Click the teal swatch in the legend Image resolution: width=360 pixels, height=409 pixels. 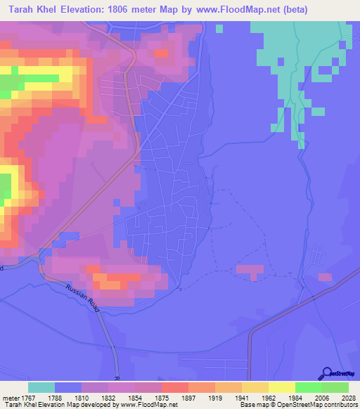coord(41,387)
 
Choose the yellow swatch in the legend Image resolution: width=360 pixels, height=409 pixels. coord(281,387)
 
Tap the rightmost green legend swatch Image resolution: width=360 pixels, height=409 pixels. coord(335,387)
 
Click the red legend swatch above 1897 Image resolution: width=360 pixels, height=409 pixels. coord(174,387)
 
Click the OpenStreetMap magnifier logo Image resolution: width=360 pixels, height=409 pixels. coord(325,373)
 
